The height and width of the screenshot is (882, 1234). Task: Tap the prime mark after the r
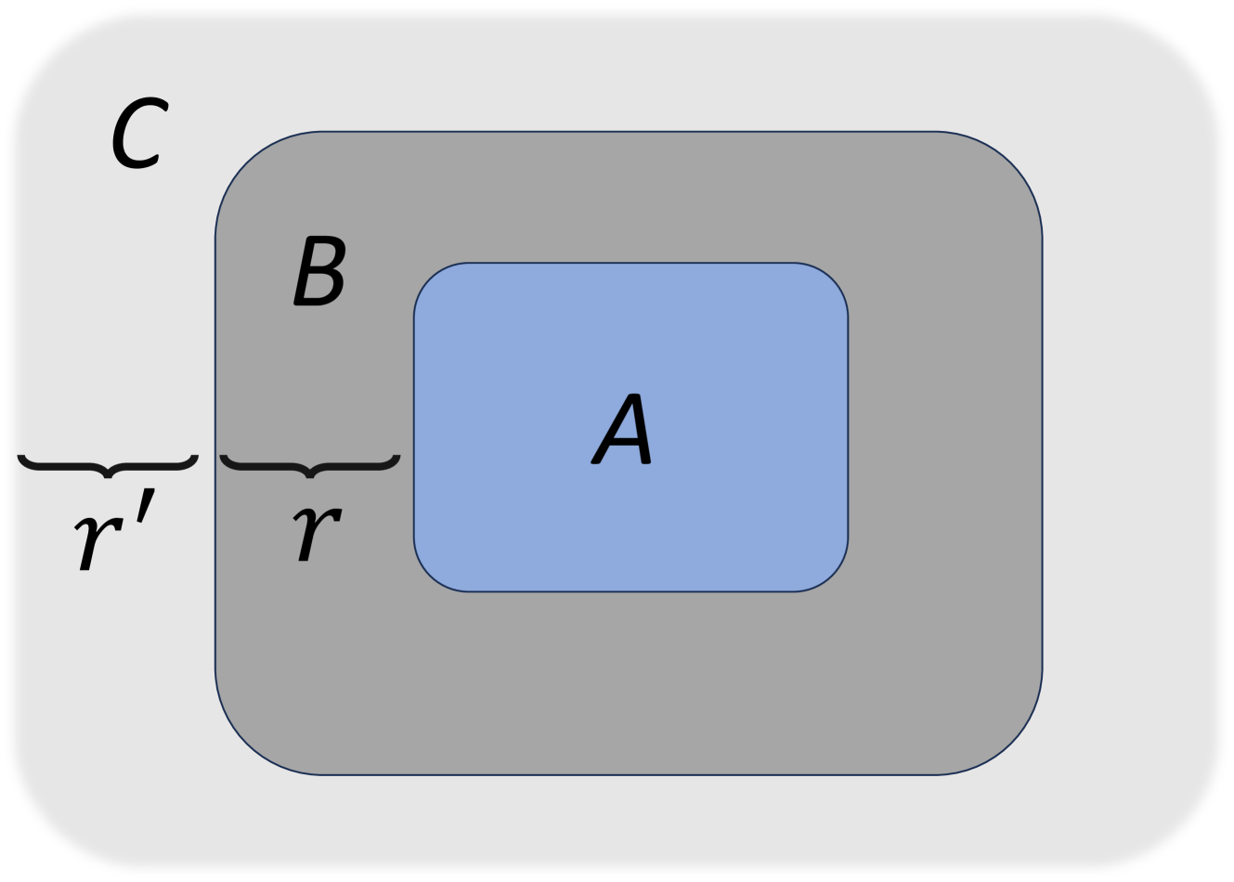[x=146, y=506]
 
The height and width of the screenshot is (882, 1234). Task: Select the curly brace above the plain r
[x=310, y=465]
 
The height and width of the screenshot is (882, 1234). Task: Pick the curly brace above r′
[x=108, y=465]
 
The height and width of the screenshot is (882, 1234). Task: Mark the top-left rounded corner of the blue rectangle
[x=431, y=279]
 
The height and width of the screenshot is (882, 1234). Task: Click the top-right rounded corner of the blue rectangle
[x=832, y=279]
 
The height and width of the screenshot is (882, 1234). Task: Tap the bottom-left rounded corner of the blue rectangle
[x=431, y=575]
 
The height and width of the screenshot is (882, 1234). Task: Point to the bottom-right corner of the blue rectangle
[x=832, y=575]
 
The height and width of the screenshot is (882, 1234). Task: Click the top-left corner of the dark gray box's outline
[x=247, y=163]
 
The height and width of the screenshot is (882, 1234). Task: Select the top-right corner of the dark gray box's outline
[x=1011, y=163]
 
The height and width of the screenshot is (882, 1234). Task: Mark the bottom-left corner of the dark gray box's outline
[x=247, y=743]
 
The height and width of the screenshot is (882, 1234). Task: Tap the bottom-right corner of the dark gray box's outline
[x=1011, y=743]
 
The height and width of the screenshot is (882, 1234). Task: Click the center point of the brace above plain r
[x=310, y=475]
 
